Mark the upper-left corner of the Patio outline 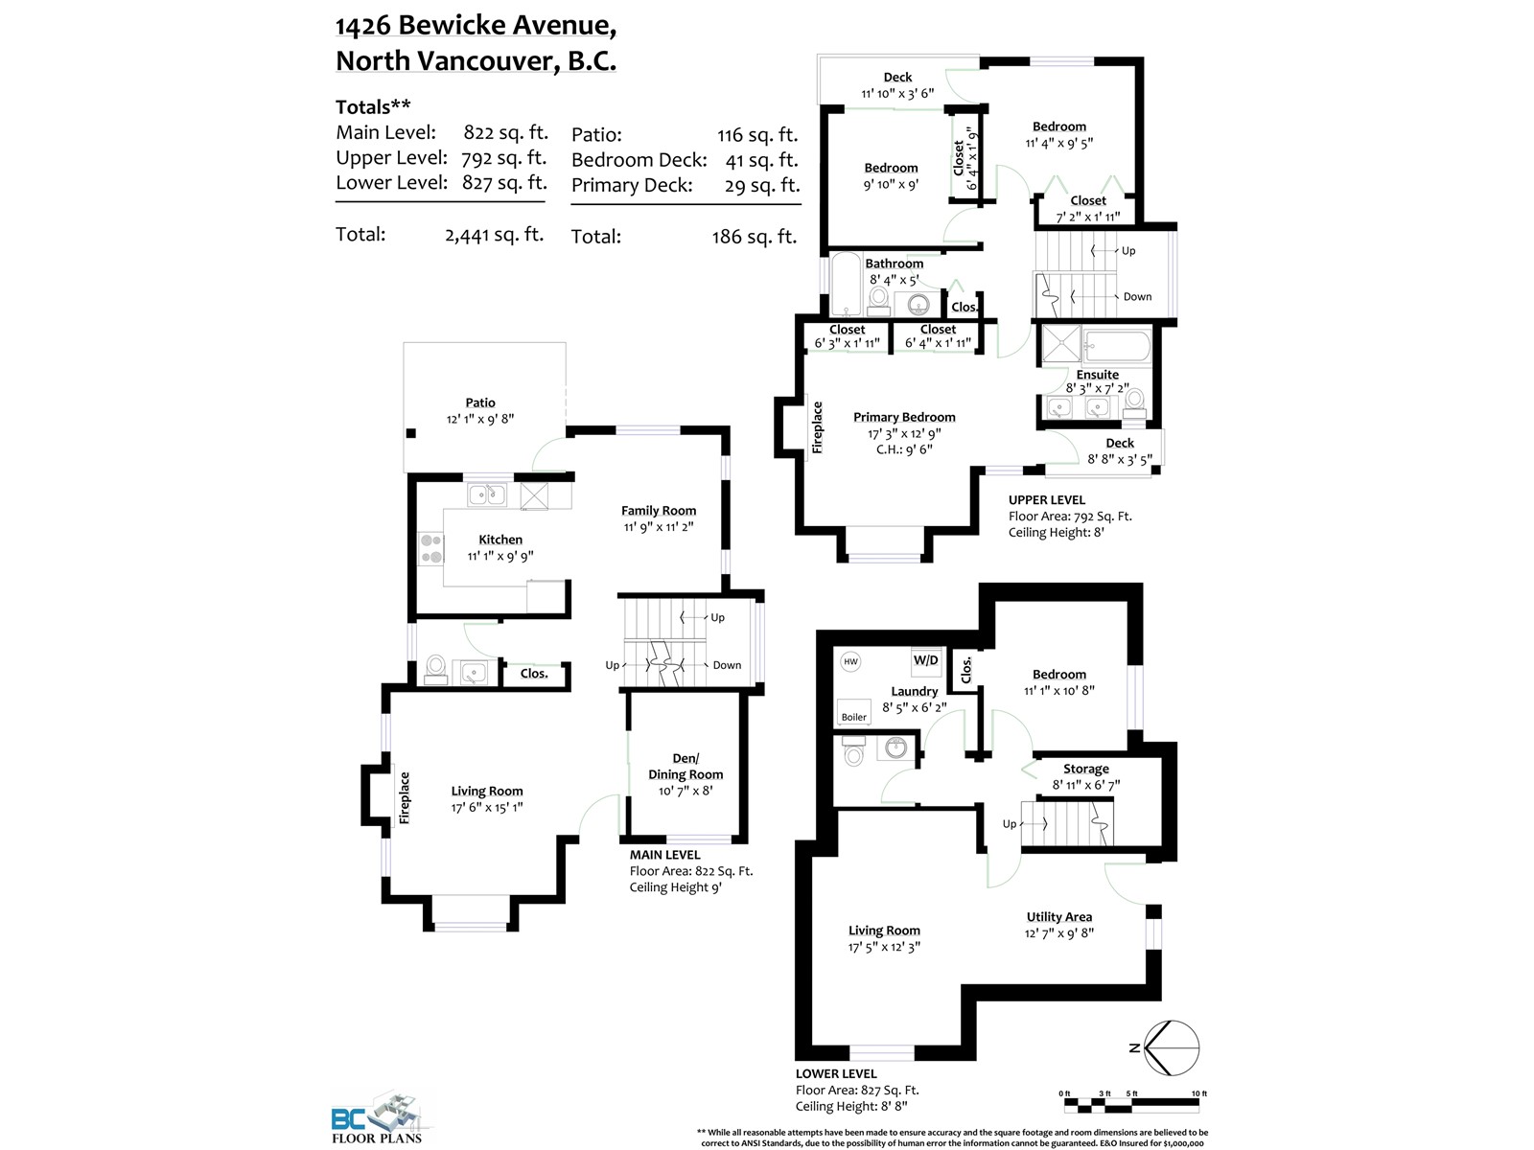tap(404, 342)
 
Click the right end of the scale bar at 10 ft tap(1199, 1104)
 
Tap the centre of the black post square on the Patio tap(411, 433)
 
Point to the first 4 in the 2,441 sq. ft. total tap(464, 236)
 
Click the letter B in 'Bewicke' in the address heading tap(407, 25)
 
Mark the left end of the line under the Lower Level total tap(337, 202)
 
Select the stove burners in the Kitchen tap(430, 548)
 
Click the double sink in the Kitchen tap(487, 494)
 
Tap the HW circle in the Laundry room tap(850, 661)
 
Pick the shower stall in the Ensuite tap(1061, 344)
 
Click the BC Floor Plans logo tap(378, 1117)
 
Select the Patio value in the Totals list tap(757, 135)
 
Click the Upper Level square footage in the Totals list tap(504, 158)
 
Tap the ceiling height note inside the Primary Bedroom tap(904, 448)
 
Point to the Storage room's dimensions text tap(1086, 784)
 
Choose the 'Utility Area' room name tap(1058, 917)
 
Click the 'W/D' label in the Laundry tap(926, 660)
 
